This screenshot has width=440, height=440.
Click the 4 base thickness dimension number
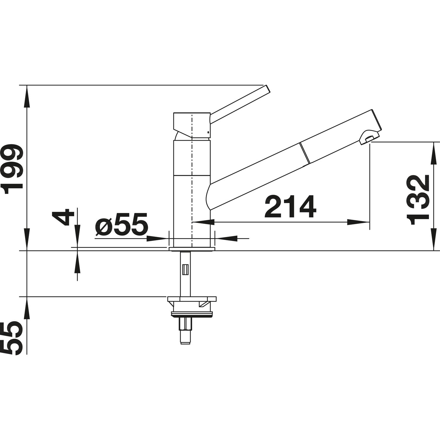62,217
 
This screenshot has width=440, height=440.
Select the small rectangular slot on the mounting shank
185,269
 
